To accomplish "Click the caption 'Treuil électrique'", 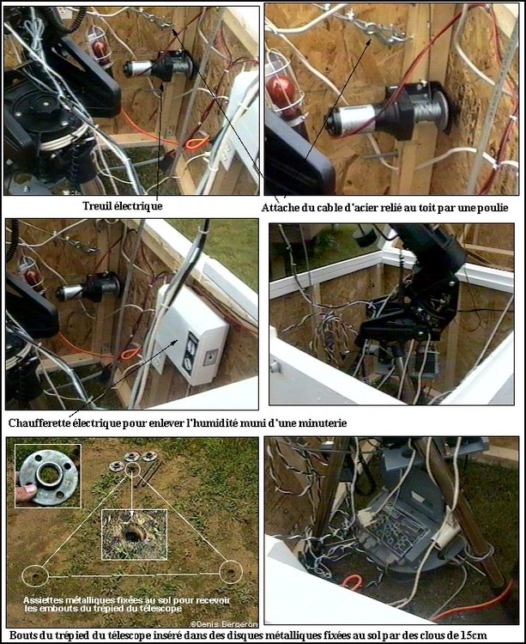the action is pos(122,206).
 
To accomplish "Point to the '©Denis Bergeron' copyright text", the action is pos(224,624).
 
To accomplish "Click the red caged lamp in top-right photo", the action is pos(281,94).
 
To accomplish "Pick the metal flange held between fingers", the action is pos(49,477).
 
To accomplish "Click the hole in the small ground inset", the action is pos(132,536).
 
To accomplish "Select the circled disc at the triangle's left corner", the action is pos(35,576).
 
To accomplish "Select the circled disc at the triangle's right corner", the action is pos(231,572).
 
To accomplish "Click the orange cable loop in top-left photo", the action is pos(196,143).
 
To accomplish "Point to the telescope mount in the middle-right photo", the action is pos(414,288).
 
